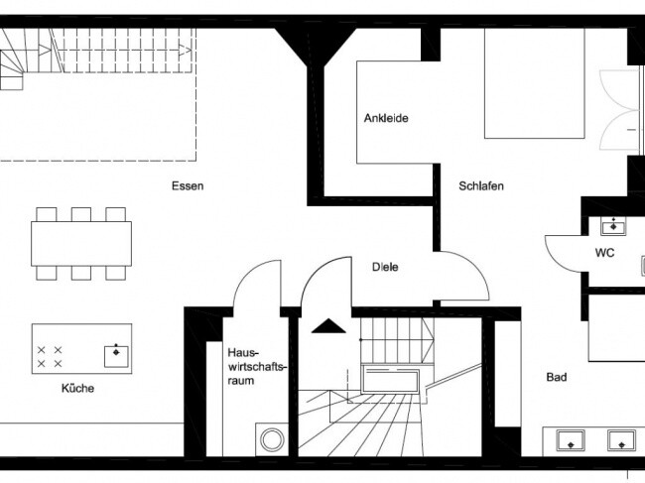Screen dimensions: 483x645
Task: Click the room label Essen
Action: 187,185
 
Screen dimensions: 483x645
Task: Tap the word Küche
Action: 76,388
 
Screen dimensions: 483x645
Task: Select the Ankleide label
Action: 386,118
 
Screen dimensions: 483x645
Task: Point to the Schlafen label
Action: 481,185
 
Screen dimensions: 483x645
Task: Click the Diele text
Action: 385,267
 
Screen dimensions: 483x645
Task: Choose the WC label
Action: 604,253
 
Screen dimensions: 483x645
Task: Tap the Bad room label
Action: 557,377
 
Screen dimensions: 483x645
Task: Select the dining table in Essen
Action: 81,242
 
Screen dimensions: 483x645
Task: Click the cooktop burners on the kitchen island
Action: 51,357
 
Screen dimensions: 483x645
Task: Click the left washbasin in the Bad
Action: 570,438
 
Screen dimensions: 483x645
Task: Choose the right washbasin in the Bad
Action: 621,438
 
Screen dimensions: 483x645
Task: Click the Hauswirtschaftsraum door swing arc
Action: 256,283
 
